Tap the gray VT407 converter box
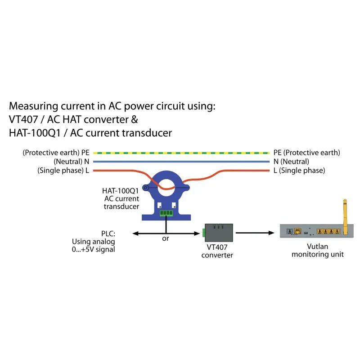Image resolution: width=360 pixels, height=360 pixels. (218, 233)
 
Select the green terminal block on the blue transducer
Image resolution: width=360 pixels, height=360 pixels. (166, 213)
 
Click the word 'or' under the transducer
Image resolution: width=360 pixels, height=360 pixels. (166, 238)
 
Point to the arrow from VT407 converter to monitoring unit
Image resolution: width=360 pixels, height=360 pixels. (255, 233)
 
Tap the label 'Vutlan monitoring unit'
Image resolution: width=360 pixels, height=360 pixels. (318, 250)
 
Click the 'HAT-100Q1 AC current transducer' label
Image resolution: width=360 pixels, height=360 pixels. (121, 198)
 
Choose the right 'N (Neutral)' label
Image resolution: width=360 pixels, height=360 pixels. (291, 162)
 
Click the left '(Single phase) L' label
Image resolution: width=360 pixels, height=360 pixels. (63, 171)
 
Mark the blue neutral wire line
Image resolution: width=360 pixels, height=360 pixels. (180, 162)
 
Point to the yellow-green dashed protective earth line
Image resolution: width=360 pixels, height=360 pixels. (180, 153)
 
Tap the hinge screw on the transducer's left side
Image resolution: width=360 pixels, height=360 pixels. (145, 187)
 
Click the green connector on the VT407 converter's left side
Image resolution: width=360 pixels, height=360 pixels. (203, 233)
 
